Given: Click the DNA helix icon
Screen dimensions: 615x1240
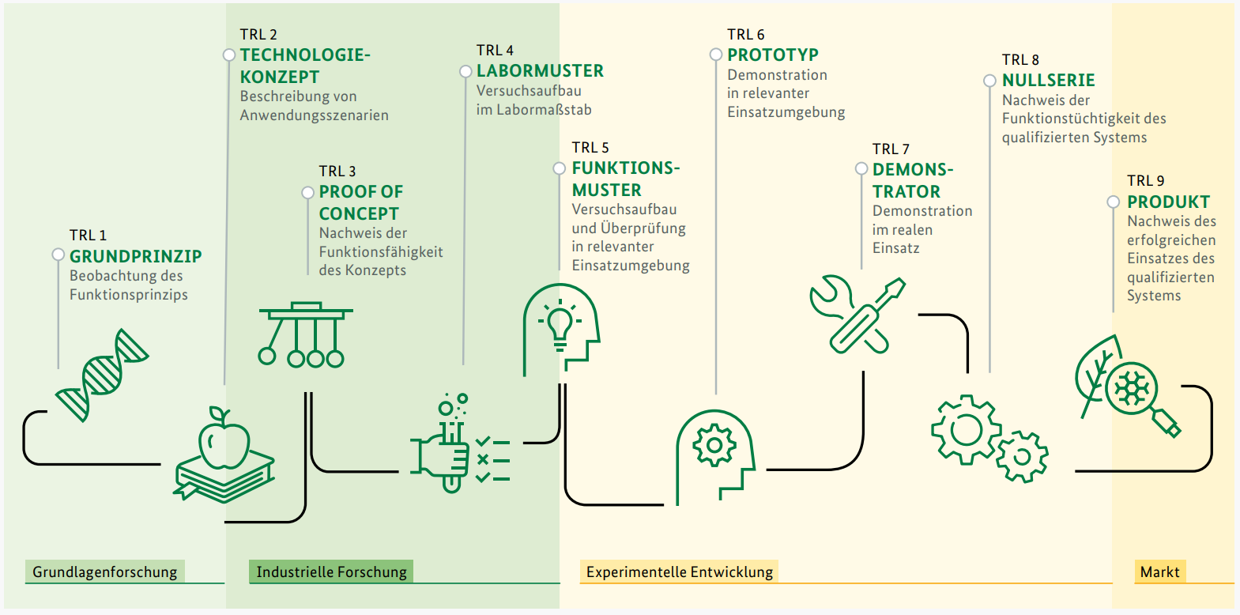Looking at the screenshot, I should (x=102, y=375).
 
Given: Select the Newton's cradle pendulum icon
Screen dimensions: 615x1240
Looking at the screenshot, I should (x=304, y=335).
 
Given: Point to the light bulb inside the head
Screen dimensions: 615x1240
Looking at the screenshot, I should (x=560, y=325).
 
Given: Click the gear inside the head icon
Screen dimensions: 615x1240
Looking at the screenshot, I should (x=714, y=445).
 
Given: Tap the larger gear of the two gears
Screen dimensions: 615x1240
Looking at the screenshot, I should (x=965, y=430).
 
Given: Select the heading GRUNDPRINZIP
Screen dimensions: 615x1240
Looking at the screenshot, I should (x=135, y=256).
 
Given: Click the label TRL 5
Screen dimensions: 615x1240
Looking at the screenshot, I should (x=590, y=148).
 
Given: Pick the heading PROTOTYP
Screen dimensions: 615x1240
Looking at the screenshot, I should (x=772, y=55).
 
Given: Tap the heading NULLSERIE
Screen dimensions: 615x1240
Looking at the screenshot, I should (x=1048, y=81).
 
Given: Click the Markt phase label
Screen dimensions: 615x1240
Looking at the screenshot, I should (x=1159, y=572).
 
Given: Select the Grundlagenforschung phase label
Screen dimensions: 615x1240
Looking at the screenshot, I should (x=104, y=572).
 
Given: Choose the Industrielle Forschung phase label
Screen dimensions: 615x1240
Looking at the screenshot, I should (x=331, y=572).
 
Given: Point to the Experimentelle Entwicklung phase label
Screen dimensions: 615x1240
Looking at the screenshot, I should (x=679, y=572).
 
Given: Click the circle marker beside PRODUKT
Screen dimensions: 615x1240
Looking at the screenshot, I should (x=1113, y=202).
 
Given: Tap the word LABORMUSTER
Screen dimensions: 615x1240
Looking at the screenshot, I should (x=540, y=71).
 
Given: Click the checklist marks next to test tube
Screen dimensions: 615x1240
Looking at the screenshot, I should (x=492, y=459).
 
